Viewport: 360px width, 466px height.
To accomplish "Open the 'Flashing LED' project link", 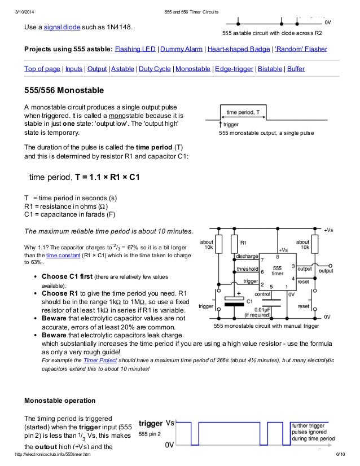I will (135, 49).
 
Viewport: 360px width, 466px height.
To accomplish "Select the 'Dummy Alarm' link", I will (182, 49).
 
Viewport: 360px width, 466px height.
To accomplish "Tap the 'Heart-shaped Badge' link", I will (239, 49).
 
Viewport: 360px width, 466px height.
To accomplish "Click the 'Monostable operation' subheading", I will (60, 401).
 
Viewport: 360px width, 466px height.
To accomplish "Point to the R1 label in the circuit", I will (243, 243).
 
